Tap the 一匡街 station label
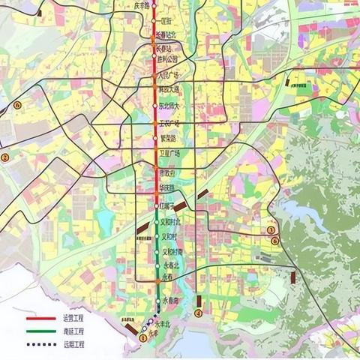pyautogui.click(x=166, y=22)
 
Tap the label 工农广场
pyautogui.click(x=170, y=122)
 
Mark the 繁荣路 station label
pyautogui.click(x=169, y=139)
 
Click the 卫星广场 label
pyautogui.click(x=171, y=154)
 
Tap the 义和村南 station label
pyautogui.click(x=172, y=252)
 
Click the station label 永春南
pyautogui.click(x=173, y=299)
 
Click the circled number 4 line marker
pyautogui.click(x=198, y=313)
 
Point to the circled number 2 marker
pyautogui.click(x=4, y=157)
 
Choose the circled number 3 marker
pyautogui.click(x=271, y=230)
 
